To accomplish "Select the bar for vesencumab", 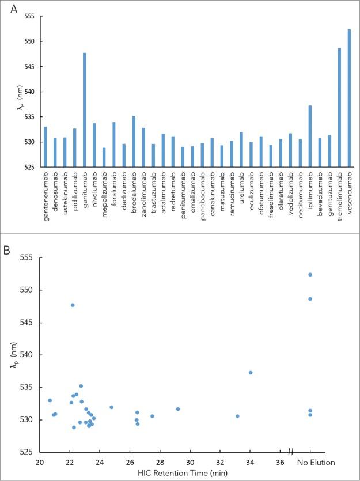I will tap(349, 98).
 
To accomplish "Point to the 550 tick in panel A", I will tap(28, 41).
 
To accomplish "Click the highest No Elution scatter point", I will tap(310, 274).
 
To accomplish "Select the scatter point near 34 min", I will tap(250, 373).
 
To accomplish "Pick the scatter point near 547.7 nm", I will tap(73, 305).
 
